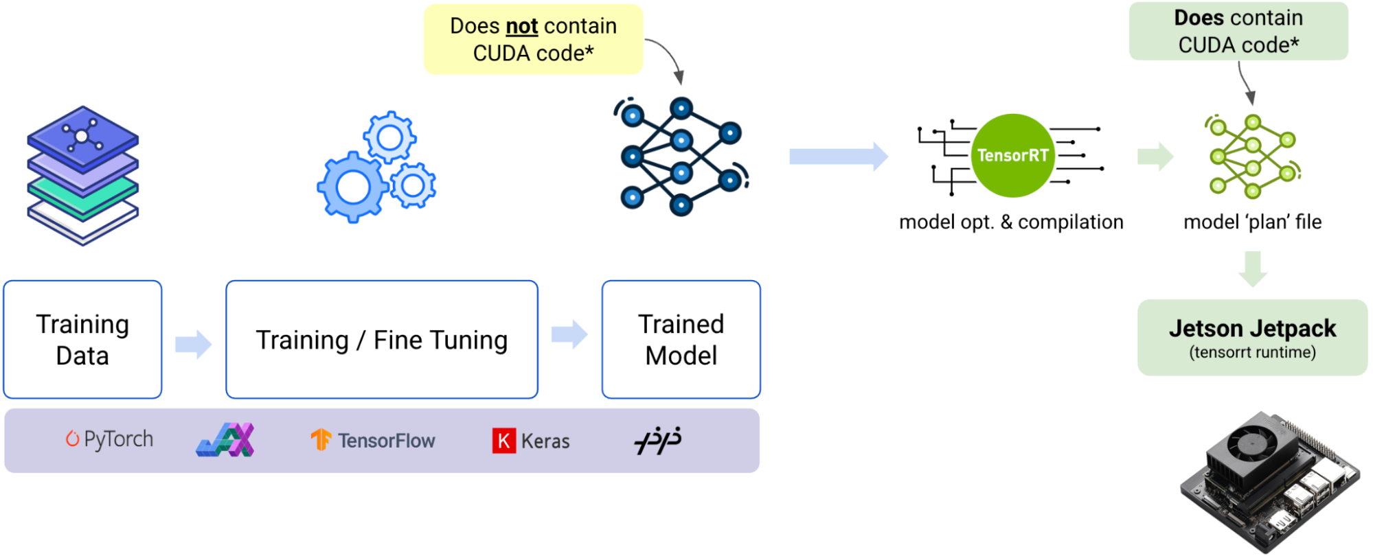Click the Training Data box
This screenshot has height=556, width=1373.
point(82,339)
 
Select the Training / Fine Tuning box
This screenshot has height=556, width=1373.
point(381,339)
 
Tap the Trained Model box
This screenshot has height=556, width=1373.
point(681,339)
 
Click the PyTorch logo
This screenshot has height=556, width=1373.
point(109,439)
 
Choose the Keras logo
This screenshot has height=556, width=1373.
point(531,441)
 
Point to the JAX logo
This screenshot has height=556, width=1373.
point(225,440)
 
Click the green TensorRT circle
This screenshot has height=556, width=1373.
point(1012,156)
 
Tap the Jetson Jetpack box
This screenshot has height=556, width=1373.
point(1252,337)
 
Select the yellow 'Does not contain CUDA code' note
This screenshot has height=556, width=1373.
point(533,39)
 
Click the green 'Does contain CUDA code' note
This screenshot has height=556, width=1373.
point(1238,31)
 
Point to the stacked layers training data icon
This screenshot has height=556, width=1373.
point(82,176)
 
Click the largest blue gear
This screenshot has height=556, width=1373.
point(353,187)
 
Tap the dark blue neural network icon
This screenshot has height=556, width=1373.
point(681,157)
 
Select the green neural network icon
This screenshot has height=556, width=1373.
point(1252,157)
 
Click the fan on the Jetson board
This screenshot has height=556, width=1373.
point(1253,439)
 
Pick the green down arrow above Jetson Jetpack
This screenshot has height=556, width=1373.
point(1252,268)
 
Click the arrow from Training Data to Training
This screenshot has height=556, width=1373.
point(193,344)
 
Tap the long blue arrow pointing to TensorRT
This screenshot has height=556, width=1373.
point(838,157)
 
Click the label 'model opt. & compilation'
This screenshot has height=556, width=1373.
point(1011,222)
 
